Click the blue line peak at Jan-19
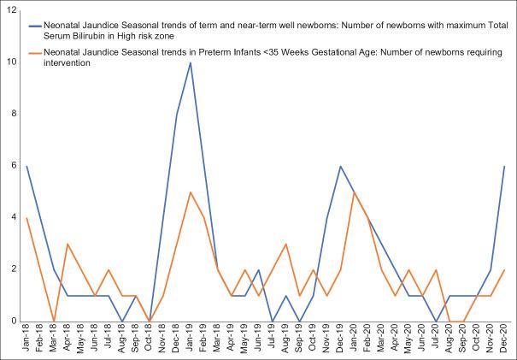pyautogui.click(x=190, y=62)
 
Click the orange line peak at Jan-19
pyautogui.click(x=190, y=192)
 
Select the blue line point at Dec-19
pyautogui.click(x=341, y=166)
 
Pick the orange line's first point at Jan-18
pyautogui.click(x=26, y=218)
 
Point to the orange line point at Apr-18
pyautogui.click(x=68, y=244)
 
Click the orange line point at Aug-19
pyautogui.click(x=286, y=244)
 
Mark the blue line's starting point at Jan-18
pyautogui.click(x=26, y=166)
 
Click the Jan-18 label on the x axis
pyautogui.click(x=26, y=340)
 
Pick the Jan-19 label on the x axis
pyautogui.click(x=190, y=340)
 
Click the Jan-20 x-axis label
pyautogui.click(x=355, y=340)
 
